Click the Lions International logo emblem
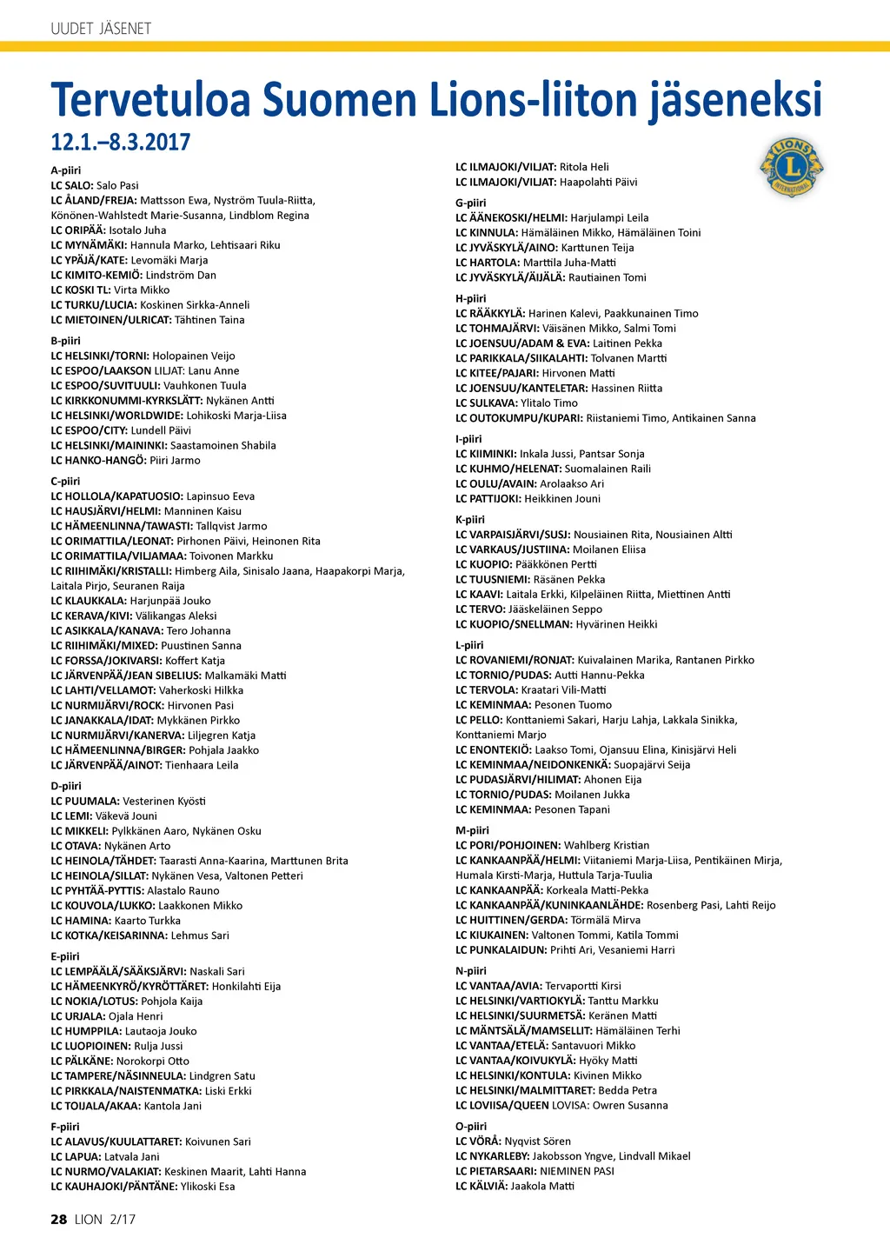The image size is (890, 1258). [x=791, y=168]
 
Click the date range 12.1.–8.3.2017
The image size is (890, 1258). [x=120, y=142]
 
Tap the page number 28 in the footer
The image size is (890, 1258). [x=58, y=1219]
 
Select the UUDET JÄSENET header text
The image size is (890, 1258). [x=101, y=29]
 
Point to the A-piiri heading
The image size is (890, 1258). [x=66, y=170]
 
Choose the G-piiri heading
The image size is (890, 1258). [x=471, y=203]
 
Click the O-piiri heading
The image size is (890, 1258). [x=471, y=1126]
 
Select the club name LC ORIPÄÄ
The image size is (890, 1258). [x=77, y=230]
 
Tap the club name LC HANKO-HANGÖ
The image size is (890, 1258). [x=98, y=460]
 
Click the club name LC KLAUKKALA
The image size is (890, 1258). [x=89, y=601]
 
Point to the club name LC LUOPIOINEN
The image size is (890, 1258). [x=90, y=1046]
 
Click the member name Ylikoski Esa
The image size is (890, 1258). [x=208, y=1186]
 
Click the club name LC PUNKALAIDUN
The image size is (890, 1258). [x=501, y=949]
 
